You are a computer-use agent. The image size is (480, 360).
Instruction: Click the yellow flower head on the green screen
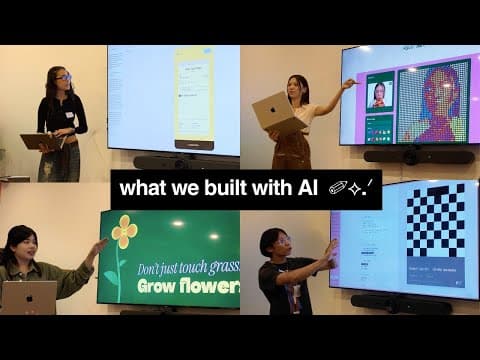point(124,232)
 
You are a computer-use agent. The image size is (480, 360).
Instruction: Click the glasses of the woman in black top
point(62,77)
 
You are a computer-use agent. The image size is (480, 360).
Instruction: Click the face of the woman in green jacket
point(22,244)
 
